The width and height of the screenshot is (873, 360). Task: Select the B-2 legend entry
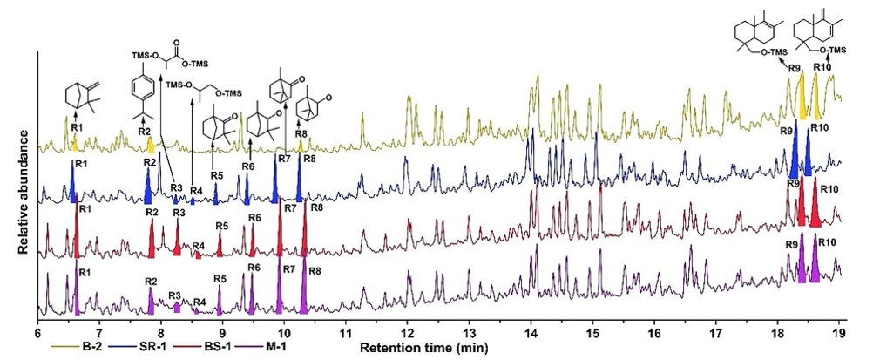[69, 348]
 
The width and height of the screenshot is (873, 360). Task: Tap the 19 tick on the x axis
[838, 333]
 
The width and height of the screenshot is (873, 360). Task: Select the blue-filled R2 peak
[148, 185]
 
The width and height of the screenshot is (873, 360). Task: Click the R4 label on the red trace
[199, 246]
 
